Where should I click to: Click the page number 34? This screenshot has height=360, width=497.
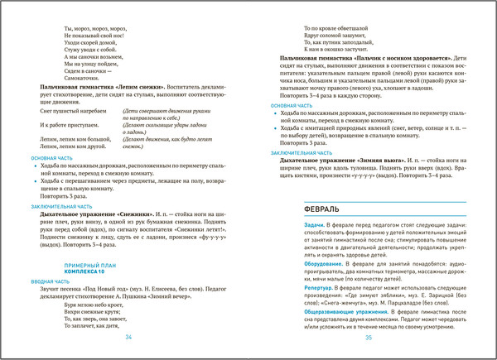tap(128, 338)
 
